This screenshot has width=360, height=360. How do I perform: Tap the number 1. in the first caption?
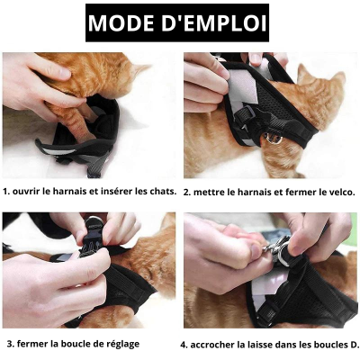point(6,192)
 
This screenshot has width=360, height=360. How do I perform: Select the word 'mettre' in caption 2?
point(211,192)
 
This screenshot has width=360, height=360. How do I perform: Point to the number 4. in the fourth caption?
point(184,344)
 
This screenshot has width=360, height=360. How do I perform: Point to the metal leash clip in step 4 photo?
point(276,247)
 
